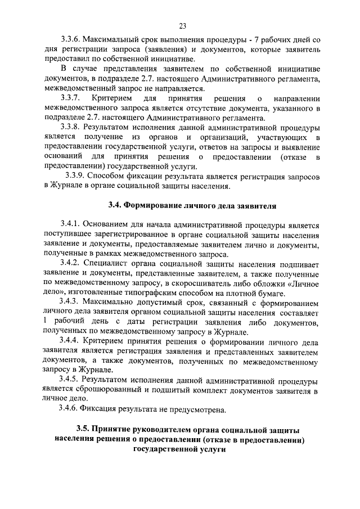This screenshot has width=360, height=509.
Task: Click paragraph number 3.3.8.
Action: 71,127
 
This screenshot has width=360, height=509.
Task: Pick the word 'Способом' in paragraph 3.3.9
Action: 111,176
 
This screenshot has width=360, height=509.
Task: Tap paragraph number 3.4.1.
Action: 72,225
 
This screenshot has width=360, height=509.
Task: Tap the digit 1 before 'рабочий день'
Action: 44,322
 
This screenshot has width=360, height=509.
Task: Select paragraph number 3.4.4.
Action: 72,341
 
